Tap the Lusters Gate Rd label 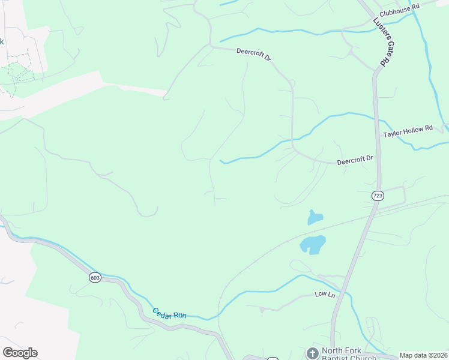point(380,41)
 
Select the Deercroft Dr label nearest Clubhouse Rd point(254,55)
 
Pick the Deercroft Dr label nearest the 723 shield point(355,159)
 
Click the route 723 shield point(378,196)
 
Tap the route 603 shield point(95,277)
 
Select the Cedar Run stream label point(169,313)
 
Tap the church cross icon point(312,353)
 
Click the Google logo point(20,353)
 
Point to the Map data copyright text point(424,355)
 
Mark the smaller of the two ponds point(315,217)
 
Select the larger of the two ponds point(313,244)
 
